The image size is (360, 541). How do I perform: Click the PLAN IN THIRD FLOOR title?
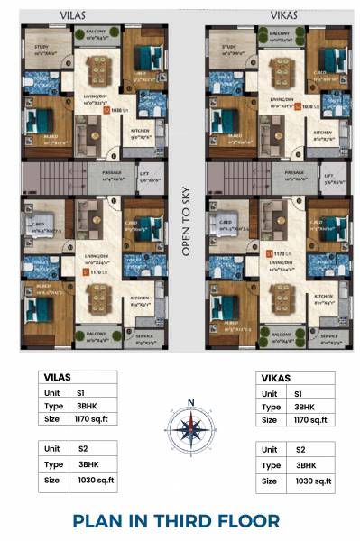(176, 520)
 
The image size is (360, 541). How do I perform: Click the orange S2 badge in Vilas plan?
(106, 113)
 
